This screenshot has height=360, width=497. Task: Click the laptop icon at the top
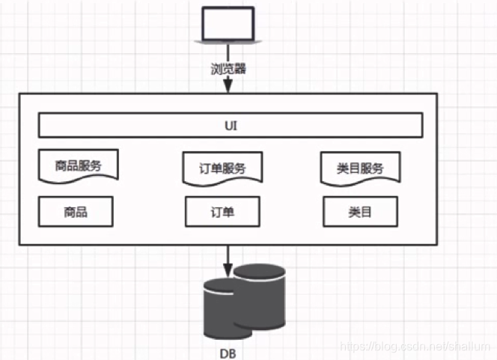coord(228,25)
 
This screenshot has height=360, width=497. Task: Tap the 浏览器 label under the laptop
coord(228,70)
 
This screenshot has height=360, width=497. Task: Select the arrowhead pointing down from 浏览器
coord(228,88)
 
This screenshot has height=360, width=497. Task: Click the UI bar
coord(231,125)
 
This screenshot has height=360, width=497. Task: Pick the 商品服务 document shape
coord(78,165)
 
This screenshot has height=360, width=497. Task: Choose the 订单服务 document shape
coord(223,168)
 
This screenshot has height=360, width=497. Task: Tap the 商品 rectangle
coord(76,212)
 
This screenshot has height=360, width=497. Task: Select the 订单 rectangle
coord(223,212)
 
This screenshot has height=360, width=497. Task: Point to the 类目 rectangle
coord(360,212)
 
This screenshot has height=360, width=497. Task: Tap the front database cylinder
coord(224,308)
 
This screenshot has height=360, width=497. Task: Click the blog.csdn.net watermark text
coord(415,348)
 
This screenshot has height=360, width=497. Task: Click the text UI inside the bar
coord(231,125)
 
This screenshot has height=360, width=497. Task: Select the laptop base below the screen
coord(228,39)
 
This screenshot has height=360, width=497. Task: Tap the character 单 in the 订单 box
coord(229,212)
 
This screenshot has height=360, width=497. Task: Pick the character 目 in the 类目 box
coord(366,212)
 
